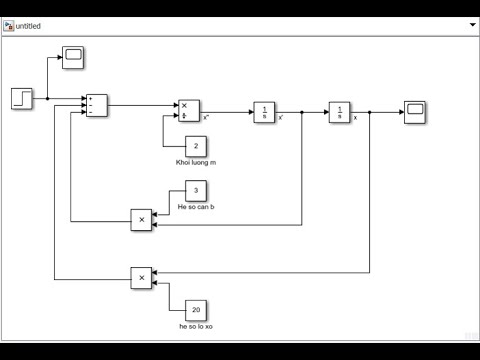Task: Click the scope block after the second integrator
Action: point(415,112)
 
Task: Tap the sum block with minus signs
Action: point(96,105)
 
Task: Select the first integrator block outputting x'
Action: point(264,112)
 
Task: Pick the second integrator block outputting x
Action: point(340,112)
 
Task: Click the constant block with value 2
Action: point(197,146)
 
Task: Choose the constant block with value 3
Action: point(197,191)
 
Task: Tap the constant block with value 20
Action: point(197,310)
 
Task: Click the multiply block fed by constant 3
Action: point(142,220)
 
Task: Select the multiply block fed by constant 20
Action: point(142,277)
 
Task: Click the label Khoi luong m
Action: point(196,162)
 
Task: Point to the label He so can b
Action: point(196,207)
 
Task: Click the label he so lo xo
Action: point(196,326)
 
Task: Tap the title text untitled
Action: point(28,26)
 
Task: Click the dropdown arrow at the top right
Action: point(470,26)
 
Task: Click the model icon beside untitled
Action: point(9,26)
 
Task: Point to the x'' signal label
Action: point(206,118)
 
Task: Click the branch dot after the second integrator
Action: point(370,112)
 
